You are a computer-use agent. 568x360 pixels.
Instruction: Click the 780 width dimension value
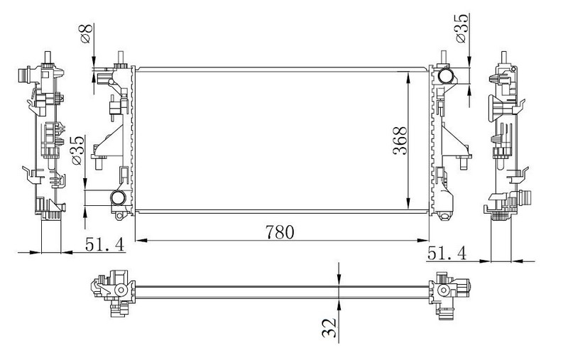pos(280,232)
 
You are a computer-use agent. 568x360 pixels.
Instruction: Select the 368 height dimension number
pos(400,141)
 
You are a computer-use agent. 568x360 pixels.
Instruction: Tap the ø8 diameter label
pos(87,33)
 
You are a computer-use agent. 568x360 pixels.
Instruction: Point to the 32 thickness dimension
pos(329,327)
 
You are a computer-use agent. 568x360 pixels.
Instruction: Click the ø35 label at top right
pos(462,28)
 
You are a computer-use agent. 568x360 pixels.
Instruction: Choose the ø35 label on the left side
pos(77,150)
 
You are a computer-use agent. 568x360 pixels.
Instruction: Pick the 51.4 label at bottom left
pos(104,244)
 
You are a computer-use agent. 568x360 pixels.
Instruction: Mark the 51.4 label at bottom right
pos(447,253)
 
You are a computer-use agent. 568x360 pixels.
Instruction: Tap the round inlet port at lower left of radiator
pos(118,197)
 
